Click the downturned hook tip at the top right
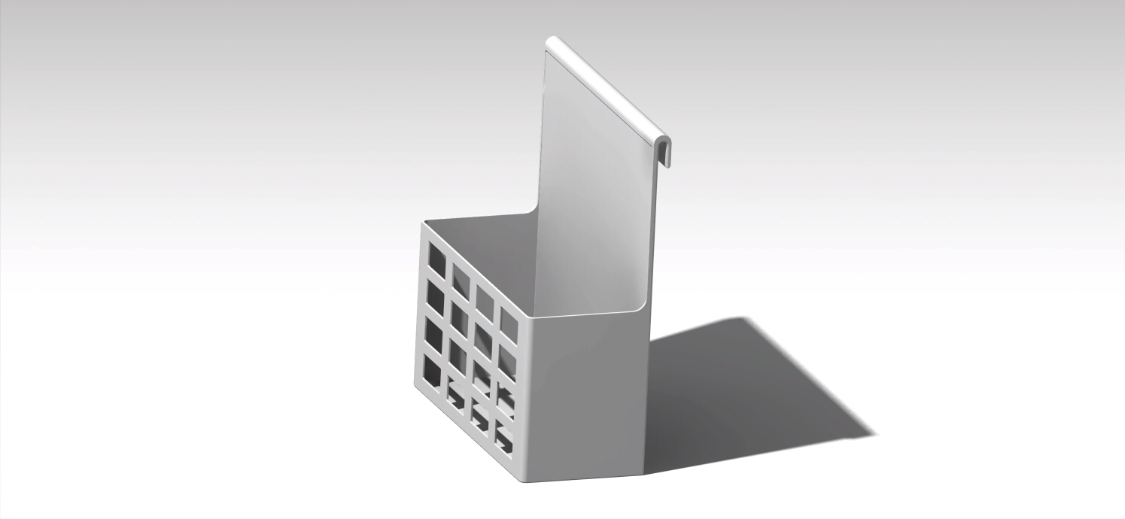click(665, 154)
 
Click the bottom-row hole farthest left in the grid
click(433, 369)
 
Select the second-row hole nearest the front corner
click(508, 361)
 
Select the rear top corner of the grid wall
click(424, 223)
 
